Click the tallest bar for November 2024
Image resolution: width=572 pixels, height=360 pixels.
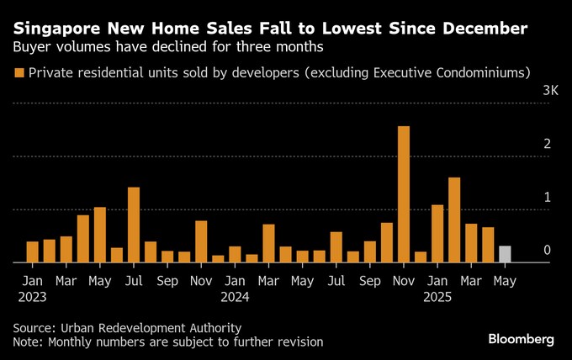pyautogui.click(x=404, y=194)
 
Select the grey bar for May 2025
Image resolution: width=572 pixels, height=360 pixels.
pyautogui.click(x=505, y=254)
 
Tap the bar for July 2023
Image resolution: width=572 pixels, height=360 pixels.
pyautogui.click(x=134, y=225)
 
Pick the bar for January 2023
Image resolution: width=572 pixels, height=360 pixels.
pyautogui.click(x=32, y=252)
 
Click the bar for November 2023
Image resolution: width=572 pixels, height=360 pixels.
pyautogui.click(x=201, y=241)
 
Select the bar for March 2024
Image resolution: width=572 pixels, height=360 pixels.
pyautogui.click(x=268, y=243)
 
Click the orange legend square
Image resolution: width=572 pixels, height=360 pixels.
pyautogui.click(x=19, y=73)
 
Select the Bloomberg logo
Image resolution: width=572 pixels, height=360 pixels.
pyautogui.click(x=522, y=339)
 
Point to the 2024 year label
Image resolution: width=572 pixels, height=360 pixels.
pyautogui.click(x=236, y=296)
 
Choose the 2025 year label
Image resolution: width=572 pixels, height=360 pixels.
pyautogui.click(x=437, y=296)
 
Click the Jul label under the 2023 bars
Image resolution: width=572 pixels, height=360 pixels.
pyautogui.click(x=134, y=281)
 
